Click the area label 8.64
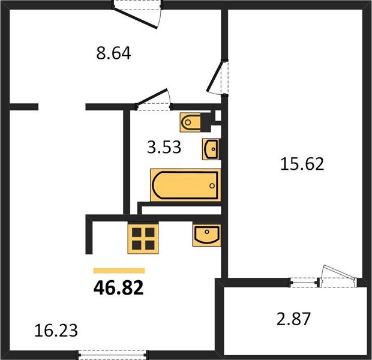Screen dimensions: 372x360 point(113,53)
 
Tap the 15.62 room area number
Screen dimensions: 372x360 point(302,164)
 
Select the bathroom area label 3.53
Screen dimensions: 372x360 point(164,147)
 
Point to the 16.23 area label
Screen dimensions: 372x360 point(56,331)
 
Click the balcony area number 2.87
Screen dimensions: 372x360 point(294,319)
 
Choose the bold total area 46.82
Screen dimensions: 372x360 point(119,287)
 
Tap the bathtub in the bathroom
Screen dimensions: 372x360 point(185,185)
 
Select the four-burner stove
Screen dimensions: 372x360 point(143,239)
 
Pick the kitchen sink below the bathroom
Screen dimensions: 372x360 point(206,235)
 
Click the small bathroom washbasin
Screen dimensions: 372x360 point(211,149)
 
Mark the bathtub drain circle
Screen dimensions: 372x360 point(212,186)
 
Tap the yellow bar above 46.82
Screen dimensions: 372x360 point(119,271)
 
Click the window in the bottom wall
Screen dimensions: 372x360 point(112,355)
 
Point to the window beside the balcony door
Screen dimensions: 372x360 point(304,283)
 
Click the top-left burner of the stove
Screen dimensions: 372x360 point(137,232)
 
